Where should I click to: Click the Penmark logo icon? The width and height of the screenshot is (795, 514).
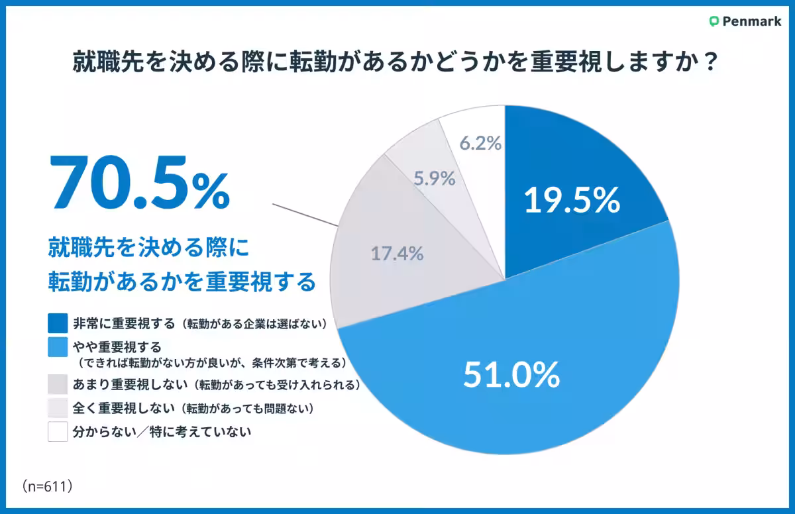coord(714,21)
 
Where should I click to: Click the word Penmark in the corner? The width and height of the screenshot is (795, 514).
coord(751,21)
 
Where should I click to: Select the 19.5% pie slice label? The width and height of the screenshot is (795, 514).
coord(572,200)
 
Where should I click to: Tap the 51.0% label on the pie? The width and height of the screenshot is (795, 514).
coord(511,376)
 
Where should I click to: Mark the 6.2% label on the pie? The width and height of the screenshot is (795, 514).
coord(480,142)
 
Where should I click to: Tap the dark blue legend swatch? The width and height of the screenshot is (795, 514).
coord(58,323)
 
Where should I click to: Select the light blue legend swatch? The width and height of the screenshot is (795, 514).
coord(58,346)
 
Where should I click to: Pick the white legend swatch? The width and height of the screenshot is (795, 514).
coord(58,432)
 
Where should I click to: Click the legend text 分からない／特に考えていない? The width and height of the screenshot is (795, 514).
coord(162,433)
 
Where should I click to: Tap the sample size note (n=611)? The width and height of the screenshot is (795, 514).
coord(46,486)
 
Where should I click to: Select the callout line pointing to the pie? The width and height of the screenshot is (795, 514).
coord(305,216)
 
